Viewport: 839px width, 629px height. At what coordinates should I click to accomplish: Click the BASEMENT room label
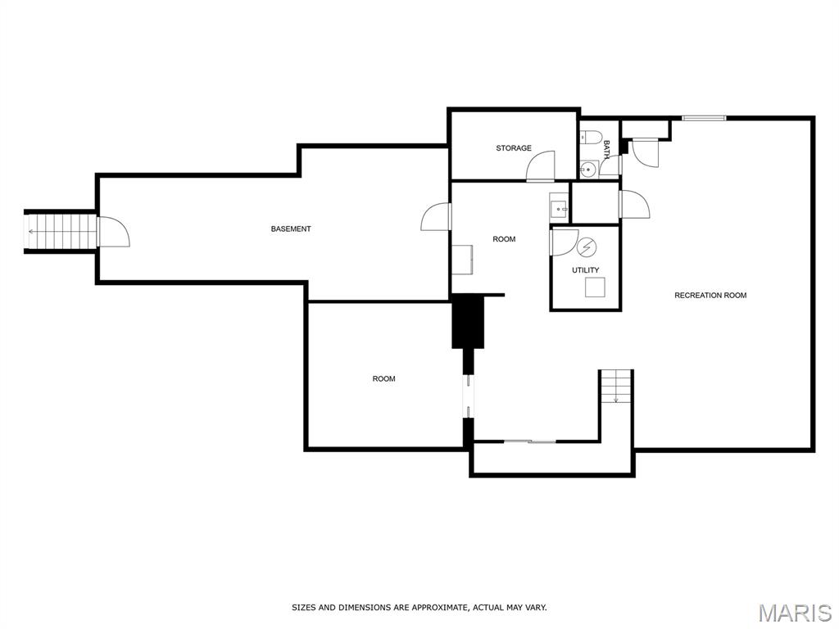pos(291,229)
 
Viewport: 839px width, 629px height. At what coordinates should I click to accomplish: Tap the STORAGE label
pos(514,148)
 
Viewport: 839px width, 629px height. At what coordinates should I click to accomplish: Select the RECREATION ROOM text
pos(710,295)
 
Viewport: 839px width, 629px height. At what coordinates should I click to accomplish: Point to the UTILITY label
pos(585,270)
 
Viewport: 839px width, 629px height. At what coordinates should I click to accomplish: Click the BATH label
pos(607,151)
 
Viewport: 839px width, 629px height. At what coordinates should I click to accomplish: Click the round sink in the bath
pos(588,170)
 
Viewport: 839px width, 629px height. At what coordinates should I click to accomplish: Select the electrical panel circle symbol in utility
pos(587,247)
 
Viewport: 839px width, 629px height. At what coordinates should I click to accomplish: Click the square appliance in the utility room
pos(595,287)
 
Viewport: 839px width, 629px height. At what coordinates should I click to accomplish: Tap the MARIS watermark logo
pos(795,613)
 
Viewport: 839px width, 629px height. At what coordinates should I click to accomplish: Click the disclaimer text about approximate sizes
pos(419,608)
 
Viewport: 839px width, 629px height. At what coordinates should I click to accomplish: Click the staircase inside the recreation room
pos(616,387)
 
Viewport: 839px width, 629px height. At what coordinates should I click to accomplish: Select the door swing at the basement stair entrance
pos(113,231)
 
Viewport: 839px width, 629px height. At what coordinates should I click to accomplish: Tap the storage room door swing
pos(541,166)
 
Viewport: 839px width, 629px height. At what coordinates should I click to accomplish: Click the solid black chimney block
pos(468,321)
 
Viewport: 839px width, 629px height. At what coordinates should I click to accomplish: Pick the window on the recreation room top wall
pos(704,118)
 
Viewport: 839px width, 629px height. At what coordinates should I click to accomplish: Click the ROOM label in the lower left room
pos(383,378)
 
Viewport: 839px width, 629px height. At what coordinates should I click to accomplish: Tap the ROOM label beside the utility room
pos(504,239)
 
